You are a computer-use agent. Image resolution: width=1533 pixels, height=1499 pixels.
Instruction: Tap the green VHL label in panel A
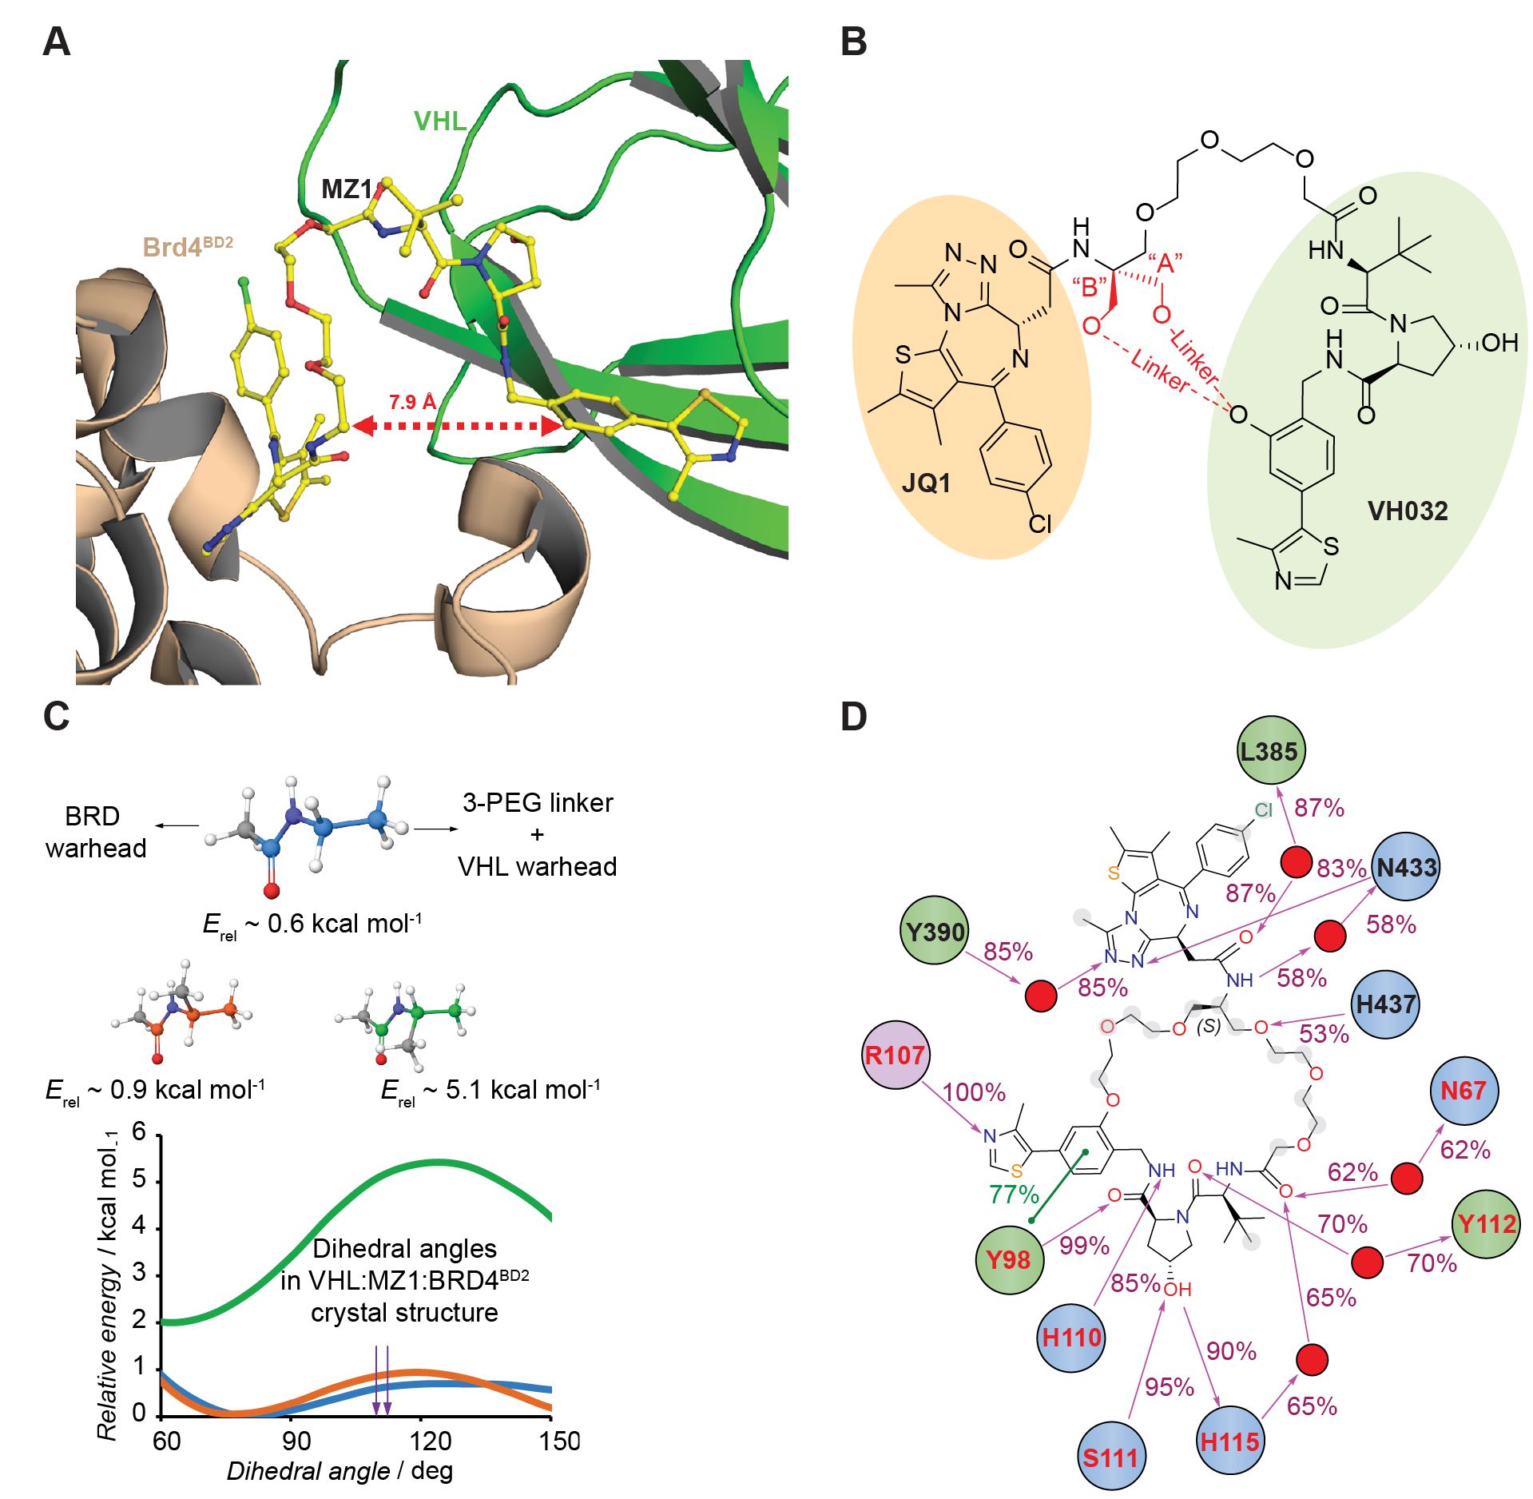pos(439,121)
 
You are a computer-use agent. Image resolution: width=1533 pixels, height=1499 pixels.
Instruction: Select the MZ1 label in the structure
pos(347,189)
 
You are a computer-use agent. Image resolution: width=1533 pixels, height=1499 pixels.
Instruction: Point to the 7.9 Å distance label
pos(412,402)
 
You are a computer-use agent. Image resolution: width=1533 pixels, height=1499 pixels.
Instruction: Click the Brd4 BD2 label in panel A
pos(188,247)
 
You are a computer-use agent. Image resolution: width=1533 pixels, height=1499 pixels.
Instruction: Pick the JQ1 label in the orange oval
pos(926,483)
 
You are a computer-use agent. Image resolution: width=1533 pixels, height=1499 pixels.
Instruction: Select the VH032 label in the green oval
pos(1408,511)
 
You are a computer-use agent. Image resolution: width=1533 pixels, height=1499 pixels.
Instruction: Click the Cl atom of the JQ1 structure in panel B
pos(1039,523)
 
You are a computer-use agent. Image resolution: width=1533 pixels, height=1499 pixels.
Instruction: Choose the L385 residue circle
pos(1270,751)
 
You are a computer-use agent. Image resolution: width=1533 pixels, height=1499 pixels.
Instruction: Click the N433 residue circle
pos(1407,867)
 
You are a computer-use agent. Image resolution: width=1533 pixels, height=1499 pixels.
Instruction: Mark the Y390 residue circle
pos(935,932)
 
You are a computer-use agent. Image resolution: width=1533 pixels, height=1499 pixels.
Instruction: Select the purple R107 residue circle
pos(894,1055)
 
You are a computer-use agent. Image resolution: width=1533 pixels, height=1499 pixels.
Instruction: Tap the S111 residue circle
pos(1110,1457)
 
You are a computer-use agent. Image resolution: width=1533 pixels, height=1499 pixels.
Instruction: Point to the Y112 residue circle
pos(1487,1223)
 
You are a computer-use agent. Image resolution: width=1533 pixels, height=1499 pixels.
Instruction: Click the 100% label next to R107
pos(974,1091)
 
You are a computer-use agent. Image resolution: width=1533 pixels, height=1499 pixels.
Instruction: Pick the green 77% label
pos(1014,1195)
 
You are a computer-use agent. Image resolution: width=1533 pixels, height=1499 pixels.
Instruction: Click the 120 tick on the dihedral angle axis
pos(431,1441)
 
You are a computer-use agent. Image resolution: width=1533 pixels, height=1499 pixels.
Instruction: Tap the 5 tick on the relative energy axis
pos(139,1181)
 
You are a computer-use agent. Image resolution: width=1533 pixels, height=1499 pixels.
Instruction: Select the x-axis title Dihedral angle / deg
pos(340,1471)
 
